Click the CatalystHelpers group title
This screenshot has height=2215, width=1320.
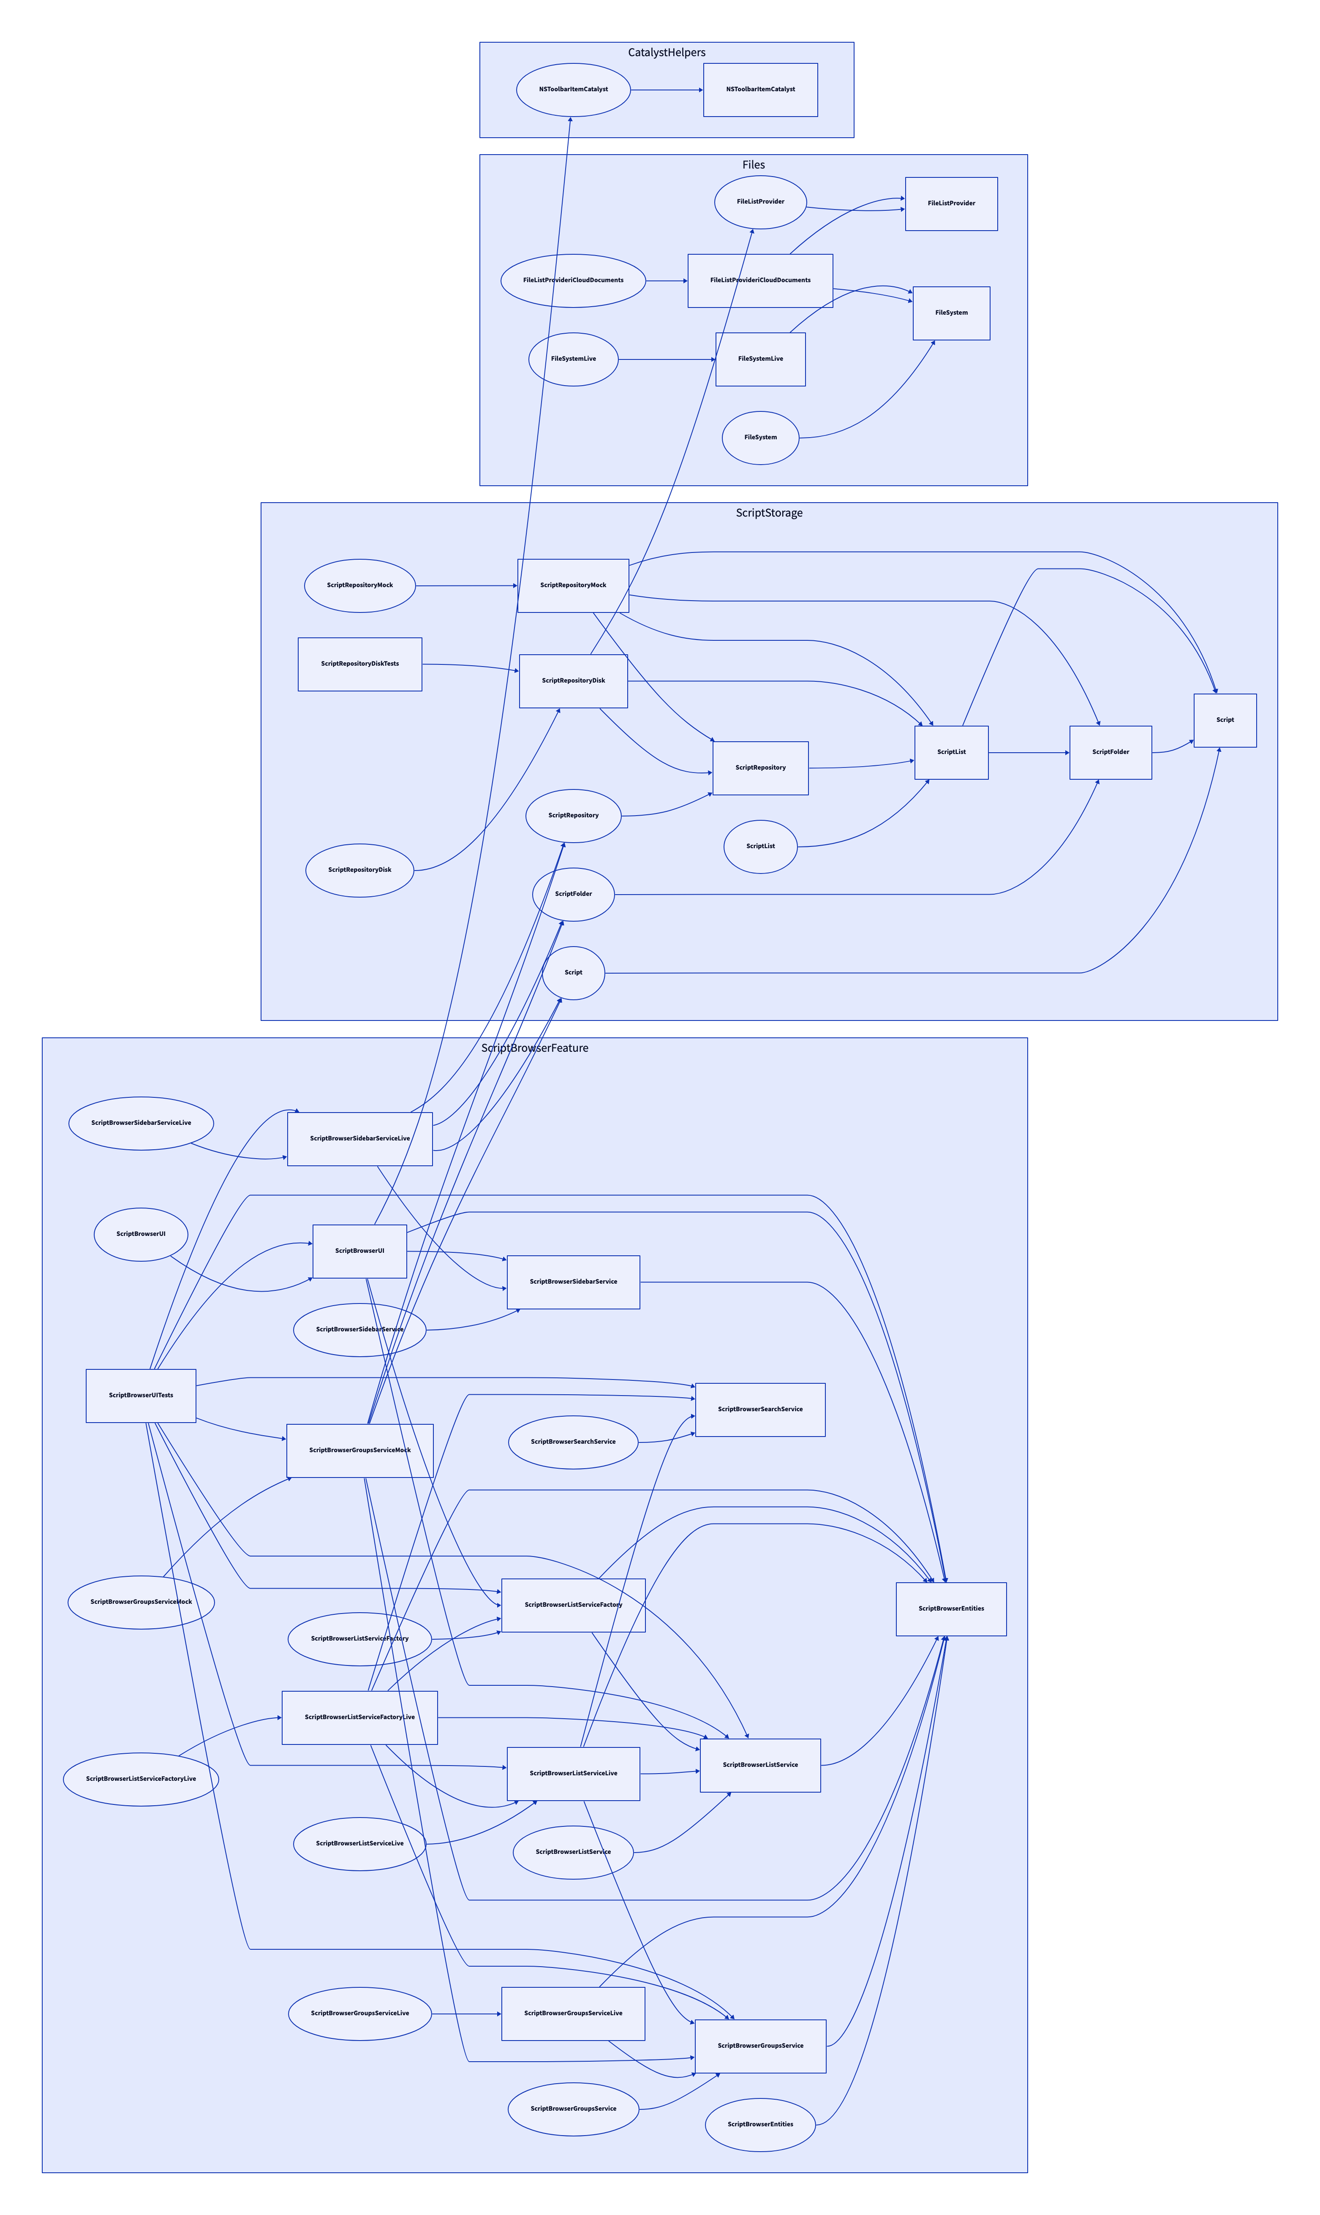[x=666, y=52]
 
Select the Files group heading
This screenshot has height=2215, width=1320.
[x=754, y=164]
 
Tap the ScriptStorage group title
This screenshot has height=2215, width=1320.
[x=768, y=513]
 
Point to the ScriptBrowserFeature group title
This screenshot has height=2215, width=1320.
[x=535, y=1048]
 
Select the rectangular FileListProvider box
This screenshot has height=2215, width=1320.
[x=951, y=204]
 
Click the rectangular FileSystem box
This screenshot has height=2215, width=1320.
[x=951, y=313]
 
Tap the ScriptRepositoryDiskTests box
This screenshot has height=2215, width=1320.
[x=359, y=664]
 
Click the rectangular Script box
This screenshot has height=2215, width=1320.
[x=1225, y=720]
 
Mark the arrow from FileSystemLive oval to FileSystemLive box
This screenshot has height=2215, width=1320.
[x=667, y=359]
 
